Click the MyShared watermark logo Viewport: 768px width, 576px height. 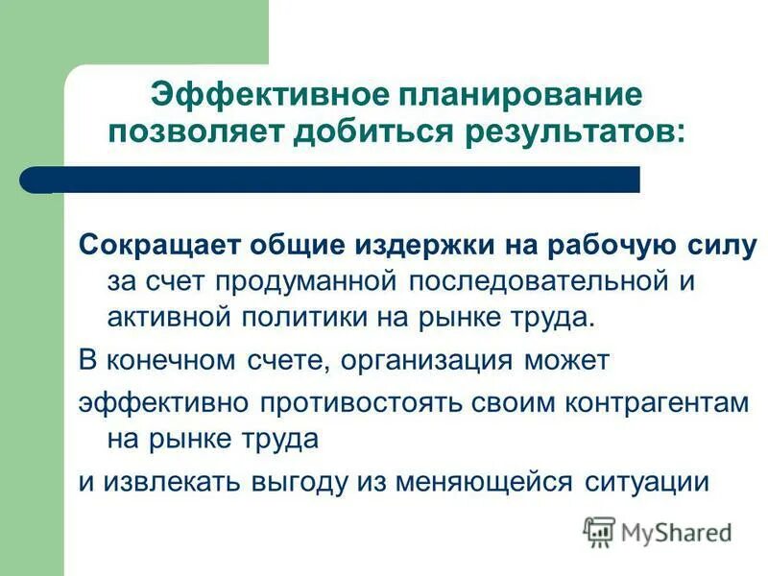(x=659, y=531)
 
